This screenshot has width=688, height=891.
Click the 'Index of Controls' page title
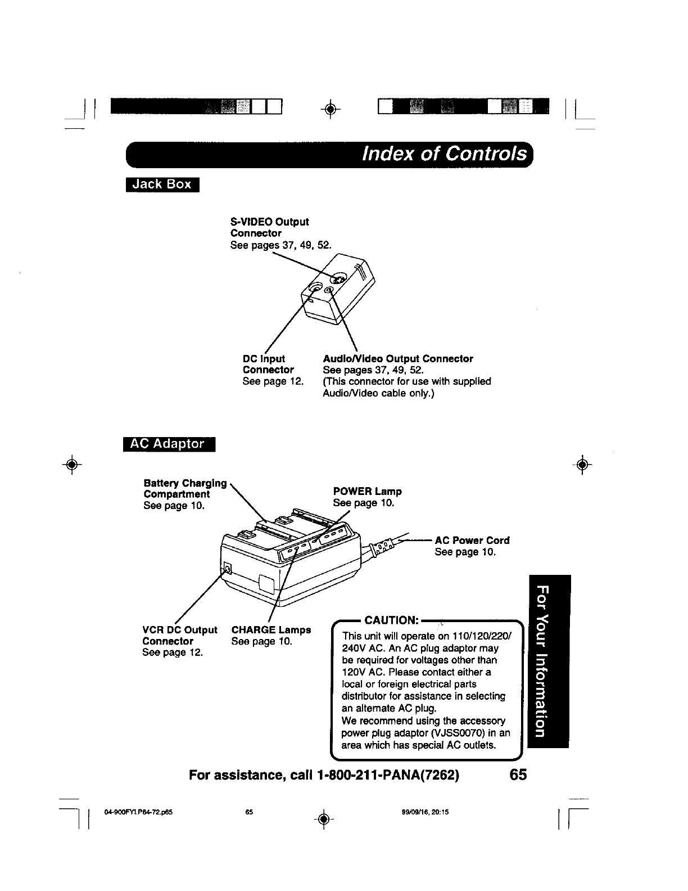coord(446,154)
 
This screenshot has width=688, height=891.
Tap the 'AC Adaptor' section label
coord(168,444)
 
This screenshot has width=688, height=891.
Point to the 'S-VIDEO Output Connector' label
coord(269,227)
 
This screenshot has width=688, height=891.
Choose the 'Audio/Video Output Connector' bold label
coord(398,359)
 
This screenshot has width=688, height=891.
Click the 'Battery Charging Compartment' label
coord(185,489)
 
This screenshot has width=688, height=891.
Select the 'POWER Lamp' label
coord(367,492)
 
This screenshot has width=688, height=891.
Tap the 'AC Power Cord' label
coord(472,541)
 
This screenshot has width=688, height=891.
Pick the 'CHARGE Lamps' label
coord(271,630)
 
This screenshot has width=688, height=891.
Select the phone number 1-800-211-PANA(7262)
coord(388,775)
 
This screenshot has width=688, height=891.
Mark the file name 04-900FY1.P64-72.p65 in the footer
coord(138,812)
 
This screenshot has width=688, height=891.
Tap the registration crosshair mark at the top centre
coord(332,110)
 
